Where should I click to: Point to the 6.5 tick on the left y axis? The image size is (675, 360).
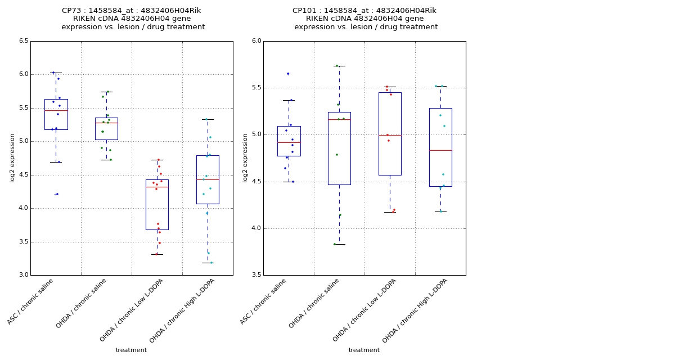[23, 41]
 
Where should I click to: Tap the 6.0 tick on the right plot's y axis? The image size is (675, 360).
[256, 41]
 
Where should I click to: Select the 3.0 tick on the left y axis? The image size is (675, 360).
[23, 275]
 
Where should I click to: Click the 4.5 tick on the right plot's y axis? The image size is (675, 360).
[256, 182]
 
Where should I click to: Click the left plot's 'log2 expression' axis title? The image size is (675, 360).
[12, 158]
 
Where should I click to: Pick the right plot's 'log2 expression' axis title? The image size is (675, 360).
[245, 158]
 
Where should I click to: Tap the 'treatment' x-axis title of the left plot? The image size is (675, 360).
[131, 350]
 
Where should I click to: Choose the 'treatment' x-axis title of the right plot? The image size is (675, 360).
[364, 350]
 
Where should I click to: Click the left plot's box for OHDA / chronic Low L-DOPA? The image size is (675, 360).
[157, 205]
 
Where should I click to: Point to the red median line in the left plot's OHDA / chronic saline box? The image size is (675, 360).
[106, 123]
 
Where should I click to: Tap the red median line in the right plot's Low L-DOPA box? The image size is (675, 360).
[390, 135]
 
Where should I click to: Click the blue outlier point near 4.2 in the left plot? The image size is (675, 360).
[57, 194]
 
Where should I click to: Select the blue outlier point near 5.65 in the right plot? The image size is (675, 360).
[288, 74]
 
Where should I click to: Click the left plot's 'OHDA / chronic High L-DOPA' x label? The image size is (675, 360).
[183, 310]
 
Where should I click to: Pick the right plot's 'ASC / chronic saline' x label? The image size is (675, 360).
[263, 302]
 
